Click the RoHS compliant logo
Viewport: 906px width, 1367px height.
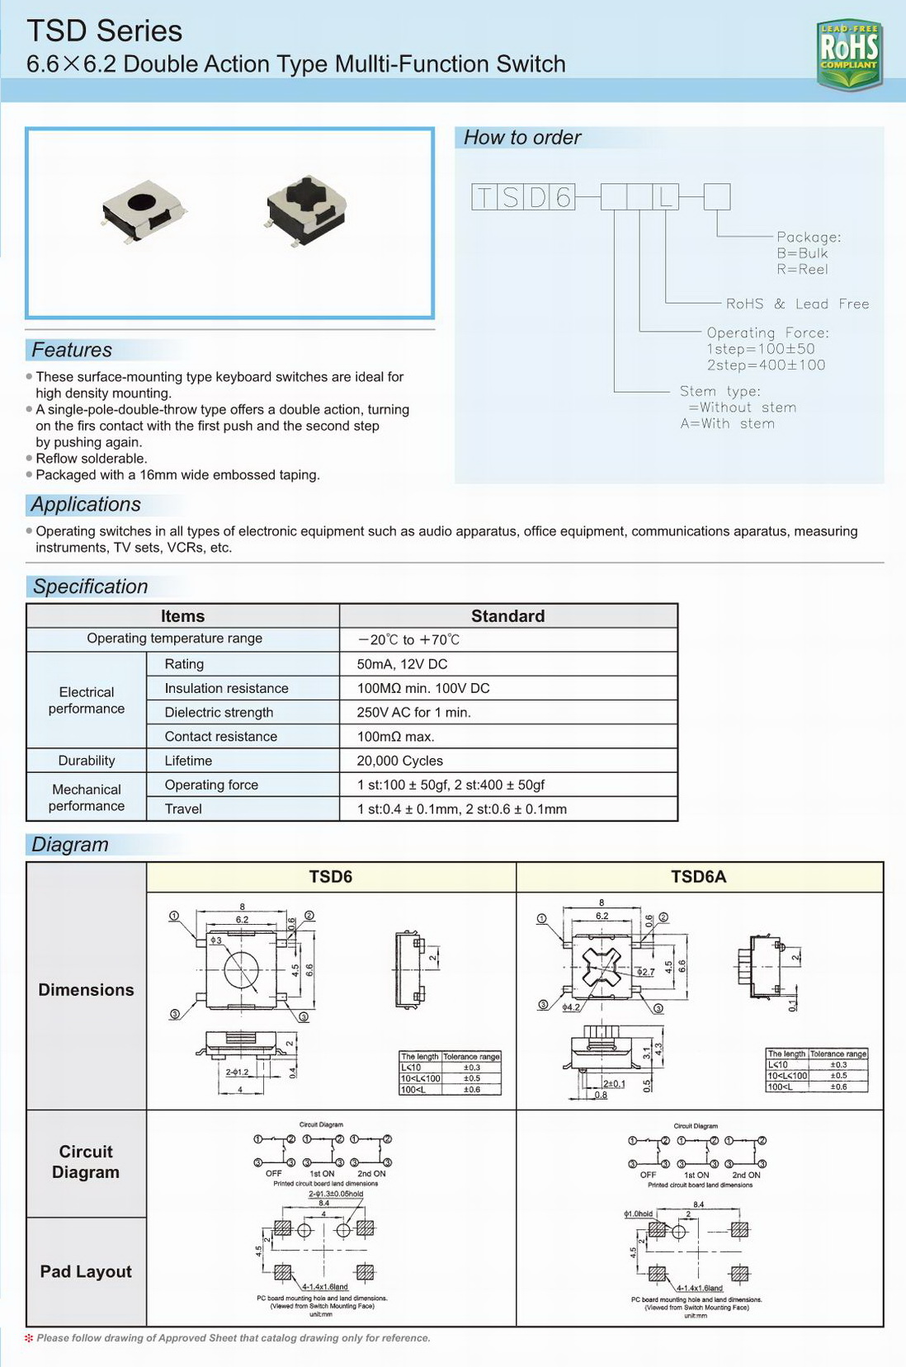(849, 54)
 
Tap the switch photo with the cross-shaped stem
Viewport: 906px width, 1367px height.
(306, 210)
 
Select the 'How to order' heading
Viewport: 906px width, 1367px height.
(522, 138)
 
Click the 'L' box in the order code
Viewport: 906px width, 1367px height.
(666, 197)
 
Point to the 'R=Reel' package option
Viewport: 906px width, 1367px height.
(802, 269)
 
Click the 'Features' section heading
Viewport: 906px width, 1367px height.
(72, 350)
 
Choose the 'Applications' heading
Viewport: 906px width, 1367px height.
(86, 504)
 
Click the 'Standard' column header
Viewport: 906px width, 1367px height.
(507, 616)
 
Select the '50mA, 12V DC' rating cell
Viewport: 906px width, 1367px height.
(402, 664)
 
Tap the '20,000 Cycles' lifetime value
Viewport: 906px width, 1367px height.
(399, 761)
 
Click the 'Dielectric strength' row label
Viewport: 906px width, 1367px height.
(219, 713)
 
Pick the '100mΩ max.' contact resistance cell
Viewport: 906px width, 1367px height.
(395, 737)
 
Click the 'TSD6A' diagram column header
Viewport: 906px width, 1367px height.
(698, 877)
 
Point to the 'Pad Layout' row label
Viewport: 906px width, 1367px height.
(86, 1271)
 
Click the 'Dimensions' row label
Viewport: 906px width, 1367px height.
(86, 990)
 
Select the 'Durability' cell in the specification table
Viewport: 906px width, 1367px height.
(87, 761)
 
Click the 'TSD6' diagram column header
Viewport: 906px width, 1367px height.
(330, 877)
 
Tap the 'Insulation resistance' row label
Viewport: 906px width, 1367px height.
(226, 688)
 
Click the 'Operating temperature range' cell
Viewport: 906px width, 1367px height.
(175, 639)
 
